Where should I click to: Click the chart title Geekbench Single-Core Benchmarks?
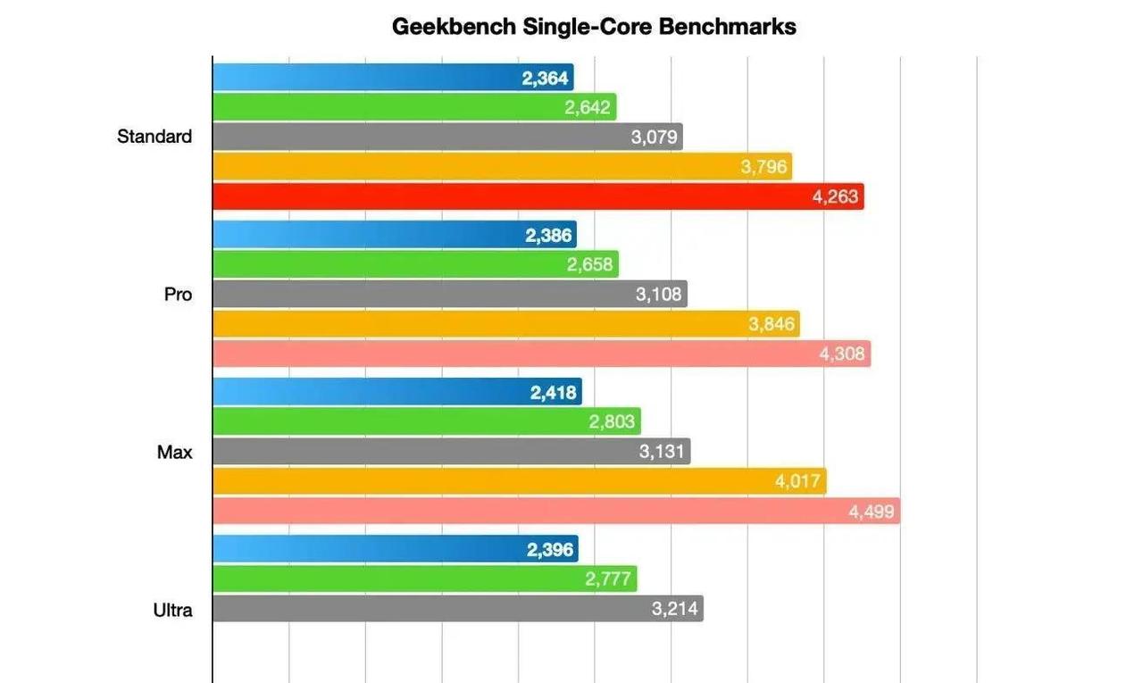594,27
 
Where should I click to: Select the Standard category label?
154,137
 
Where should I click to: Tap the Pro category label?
178,295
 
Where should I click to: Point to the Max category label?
175,452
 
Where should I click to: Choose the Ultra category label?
172,611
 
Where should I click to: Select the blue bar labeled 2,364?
393,78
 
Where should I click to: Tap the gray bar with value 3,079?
447,137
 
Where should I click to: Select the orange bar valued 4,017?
519,482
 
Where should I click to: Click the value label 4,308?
842,354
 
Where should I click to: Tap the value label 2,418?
554,392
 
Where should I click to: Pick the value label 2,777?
608,579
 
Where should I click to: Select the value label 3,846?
772,324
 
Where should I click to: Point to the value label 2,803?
612,421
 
